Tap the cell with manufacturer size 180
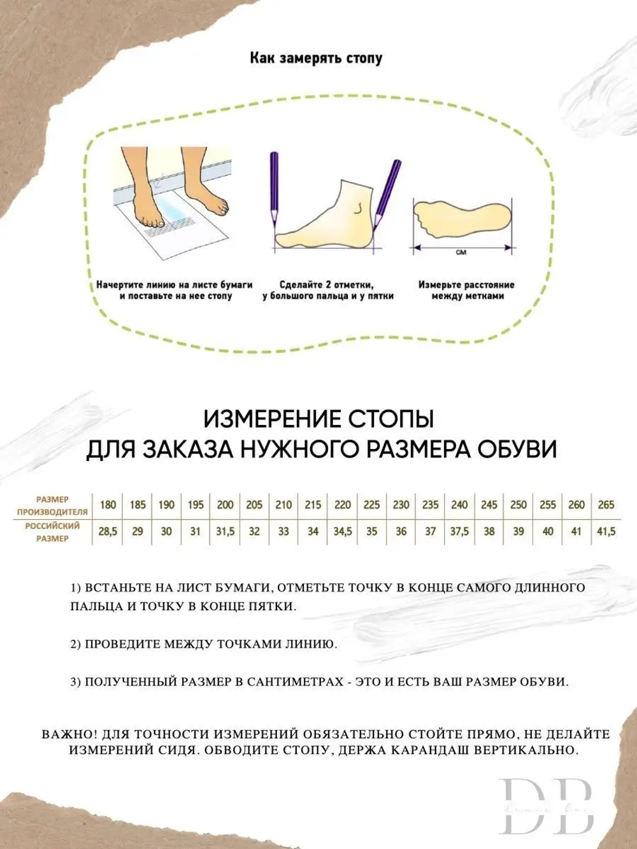point(108,505)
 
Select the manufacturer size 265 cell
point(606,505)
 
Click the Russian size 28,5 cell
point(108,532)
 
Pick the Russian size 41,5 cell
point(606,532)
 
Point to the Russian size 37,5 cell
point(459,532)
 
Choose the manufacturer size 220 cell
point(342,505)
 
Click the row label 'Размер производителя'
point(52,505)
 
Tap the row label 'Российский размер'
point(52,532)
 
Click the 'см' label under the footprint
point(461,253)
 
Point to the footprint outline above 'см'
point(462,218)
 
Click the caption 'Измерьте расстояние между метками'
point(466,290)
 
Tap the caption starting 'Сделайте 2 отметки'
point(327,290)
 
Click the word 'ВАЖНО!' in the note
point(65,734)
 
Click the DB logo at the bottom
point(546,806)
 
